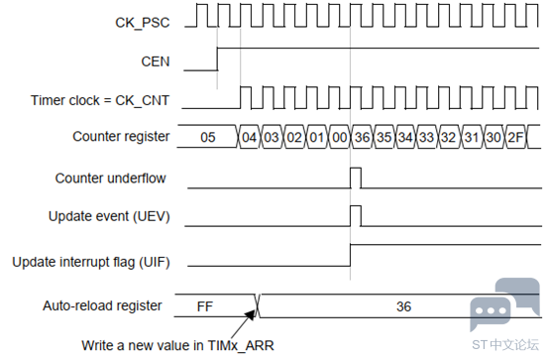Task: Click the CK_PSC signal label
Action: (143, 23)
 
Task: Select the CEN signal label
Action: (156, 61)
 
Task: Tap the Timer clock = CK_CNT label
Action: (100, 100)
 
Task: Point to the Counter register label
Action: (121, 137)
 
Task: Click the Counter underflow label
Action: (110, 179)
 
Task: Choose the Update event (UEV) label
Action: (109, 216)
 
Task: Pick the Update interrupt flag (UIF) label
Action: (91, 262)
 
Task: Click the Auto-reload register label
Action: (102, 305)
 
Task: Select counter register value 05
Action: (208, 137)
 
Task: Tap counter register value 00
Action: (340, 137)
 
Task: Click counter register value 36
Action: (362, 137)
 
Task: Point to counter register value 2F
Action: (515, 137)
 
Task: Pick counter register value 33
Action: (427, 137)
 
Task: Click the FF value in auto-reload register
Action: (205, 306)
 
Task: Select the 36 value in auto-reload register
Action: (403, 306)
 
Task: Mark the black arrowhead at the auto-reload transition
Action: (251, 313)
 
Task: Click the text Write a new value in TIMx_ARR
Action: (177, 346)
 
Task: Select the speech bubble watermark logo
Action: (504, 303)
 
